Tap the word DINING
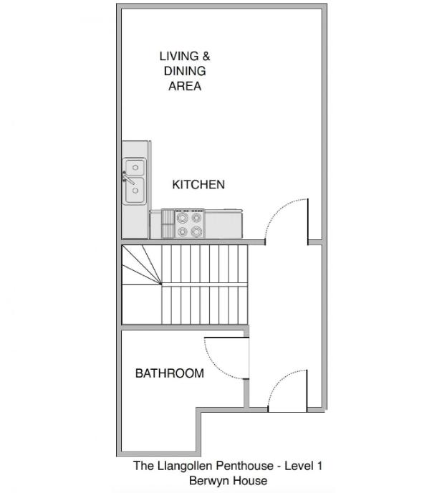(185, 71)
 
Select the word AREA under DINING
(185, 86)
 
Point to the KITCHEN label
(198, 185)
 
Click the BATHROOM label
(170, 373)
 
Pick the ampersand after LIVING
(206, 57)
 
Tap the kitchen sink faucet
(128, 178)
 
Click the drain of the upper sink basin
(135, 167)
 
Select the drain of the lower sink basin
(135, 191)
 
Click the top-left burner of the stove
(183, 217)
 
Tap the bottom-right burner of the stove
(196, 231)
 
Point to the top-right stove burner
(196, 217)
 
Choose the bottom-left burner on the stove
(183, 232)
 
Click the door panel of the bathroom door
(226, 338)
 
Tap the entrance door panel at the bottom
(307, 391)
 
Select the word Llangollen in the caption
(185, 466)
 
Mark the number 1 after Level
(319, 466)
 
